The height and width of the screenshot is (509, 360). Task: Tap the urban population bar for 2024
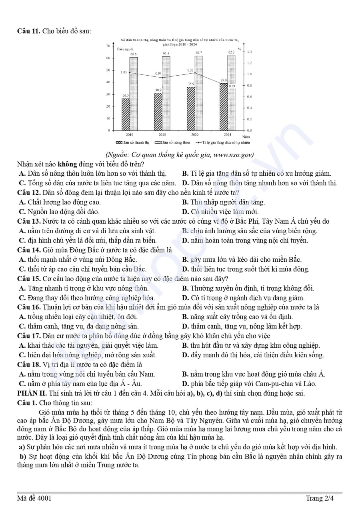(223, 107)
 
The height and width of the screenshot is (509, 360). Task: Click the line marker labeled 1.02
(195, 73)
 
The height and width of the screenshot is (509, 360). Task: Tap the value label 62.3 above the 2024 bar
(232, 52)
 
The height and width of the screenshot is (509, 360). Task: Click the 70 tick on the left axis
(108, 46)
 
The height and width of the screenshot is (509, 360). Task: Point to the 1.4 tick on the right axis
(249, 52)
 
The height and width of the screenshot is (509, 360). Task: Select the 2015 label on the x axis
(162, 135)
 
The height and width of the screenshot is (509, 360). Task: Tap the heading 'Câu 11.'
(29, 31)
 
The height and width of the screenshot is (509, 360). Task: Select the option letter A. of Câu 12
(22, 202)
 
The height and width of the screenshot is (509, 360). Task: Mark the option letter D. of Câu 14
(185, 269)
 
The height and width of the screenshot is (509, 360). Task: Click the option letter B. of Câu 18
(185, 375)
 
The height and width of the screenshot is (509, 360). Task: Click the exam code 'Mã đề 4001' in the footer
(34, 498)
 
